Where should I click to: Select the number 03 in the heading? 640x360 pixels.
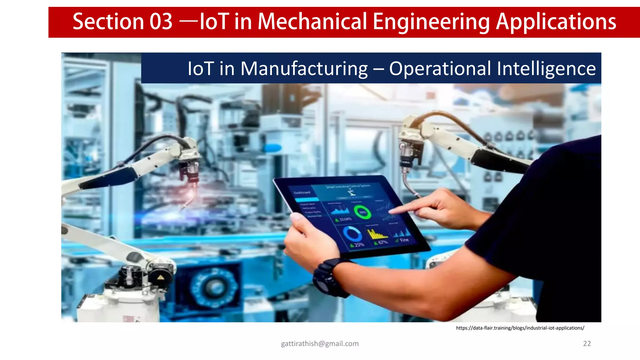pos(161,22)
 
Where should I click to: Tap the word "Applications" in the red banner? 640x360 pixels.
pos(556,22)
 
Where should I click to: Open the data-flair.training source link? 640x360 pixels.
pos(520,328)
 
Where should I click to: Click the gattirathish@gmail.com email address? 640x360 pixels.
pos(320,343)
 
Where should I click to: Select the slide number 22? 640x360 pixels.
pos(587,343)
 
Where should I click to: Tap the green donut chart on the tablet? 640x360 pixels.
pos(362,212)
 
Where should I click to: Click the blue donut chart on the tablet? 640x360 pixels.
pos(352,234)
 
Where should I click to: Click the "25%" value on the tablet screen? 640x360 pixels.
pos(359,245)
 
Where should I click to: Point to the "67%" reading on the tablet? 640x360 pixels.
pos(383,242)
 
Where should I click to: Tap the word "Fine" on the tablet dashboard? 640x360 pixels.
pos(404,240)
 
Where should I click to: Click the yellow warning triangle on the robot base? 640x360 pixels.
pos(161,277)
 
